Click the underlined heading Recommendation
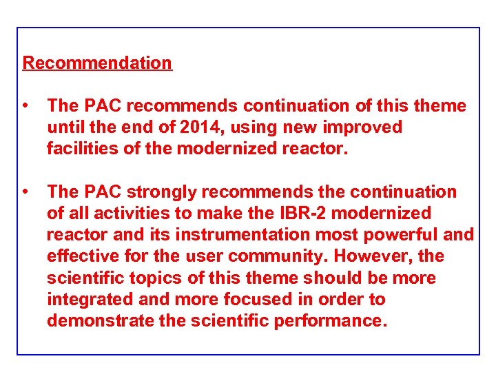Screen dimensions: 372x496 click(97, 63)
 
